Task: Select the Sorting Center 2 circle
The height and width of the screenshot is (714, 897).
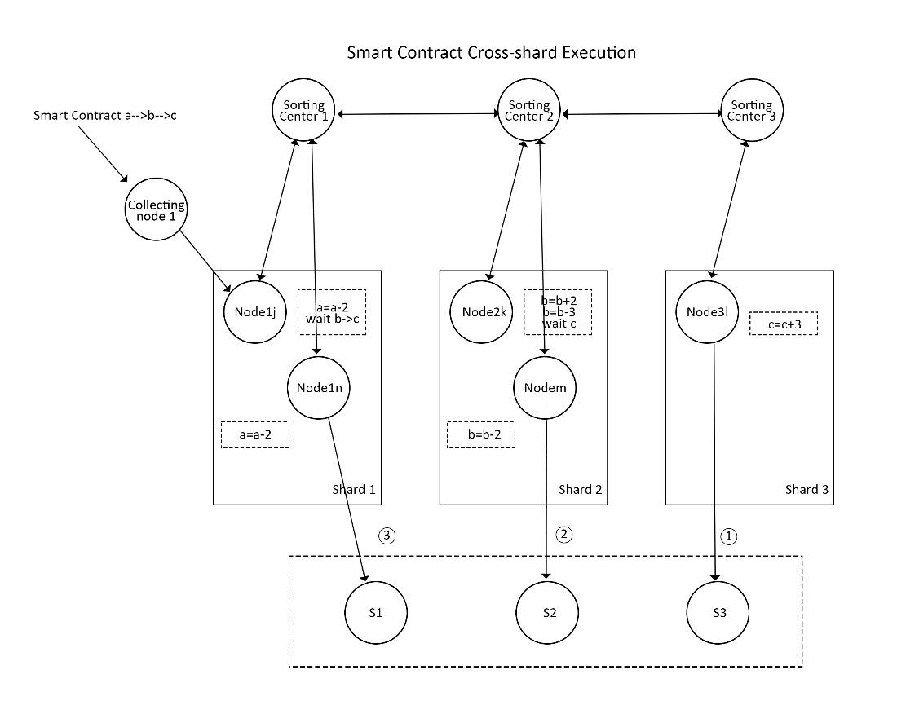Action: (528, 111)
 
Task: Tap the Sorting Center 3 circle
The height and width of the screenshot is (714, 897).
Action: (751, 111)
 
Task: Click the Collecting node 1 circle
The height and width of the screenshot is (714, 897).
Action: (157, 210)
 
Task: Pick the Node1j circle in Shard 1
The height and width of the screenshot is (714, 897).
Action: (254, 312)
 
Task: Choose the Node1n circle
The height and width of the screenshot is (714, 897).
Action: (318, 387)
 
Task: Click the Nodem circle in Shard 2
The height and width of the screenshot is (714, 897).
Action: (545, 387)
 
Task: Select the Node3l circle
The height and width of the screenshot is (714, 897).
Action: (707, 312)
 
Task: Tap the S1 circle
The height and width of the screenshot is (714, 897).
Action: (375, 613)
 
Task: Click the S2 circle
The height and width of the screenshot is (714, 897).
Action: (548, 613)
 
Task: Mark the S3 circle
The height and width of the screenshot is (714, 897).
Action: (718, 613)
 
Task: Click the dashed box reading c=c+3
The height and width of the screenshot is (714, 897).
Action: (784, 323)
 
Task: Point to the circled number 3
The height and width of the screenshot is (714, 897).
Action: (387, 535)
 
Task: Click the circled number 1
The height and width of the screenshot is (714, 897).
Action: (730, 535)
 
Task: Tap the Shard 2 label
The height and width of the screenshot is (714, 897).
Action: (580, 490)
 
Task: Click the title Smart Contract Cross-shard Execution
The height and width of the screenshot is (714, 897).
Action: (491, 53)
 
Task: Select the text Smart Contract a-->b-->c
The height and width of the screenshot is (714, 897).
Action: (105, 116)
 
